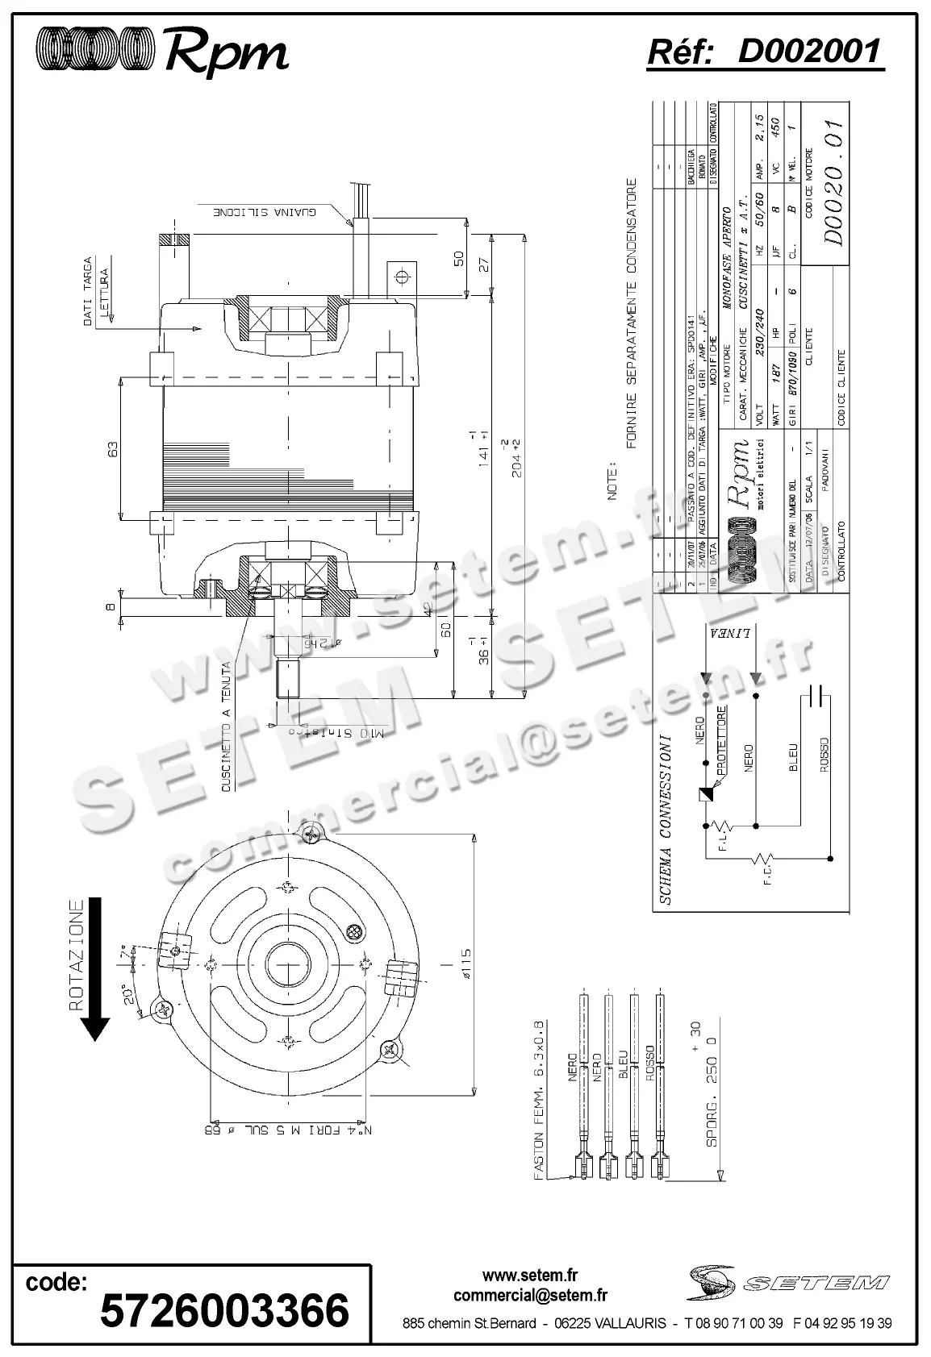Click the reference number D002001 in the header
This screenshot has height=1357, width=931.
pyautogui.click(x=808, y=52)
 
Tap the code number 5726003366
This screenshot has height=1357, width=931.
pyautogui.click(x=224, y=1310)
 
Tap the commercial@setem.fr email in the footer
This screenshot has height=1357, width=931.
pyautogui.click(x=530, y=1296)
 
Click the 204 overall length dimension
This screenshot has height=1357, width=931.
pyautogui.click(x=518, y=457)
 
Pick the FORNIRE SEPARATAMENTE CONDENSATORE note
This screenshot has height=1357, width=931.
pyautogui.click(x=632, y=313)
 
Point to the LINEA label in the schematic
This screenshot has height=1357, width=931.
pyautogui.click(x=730, y=632)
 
